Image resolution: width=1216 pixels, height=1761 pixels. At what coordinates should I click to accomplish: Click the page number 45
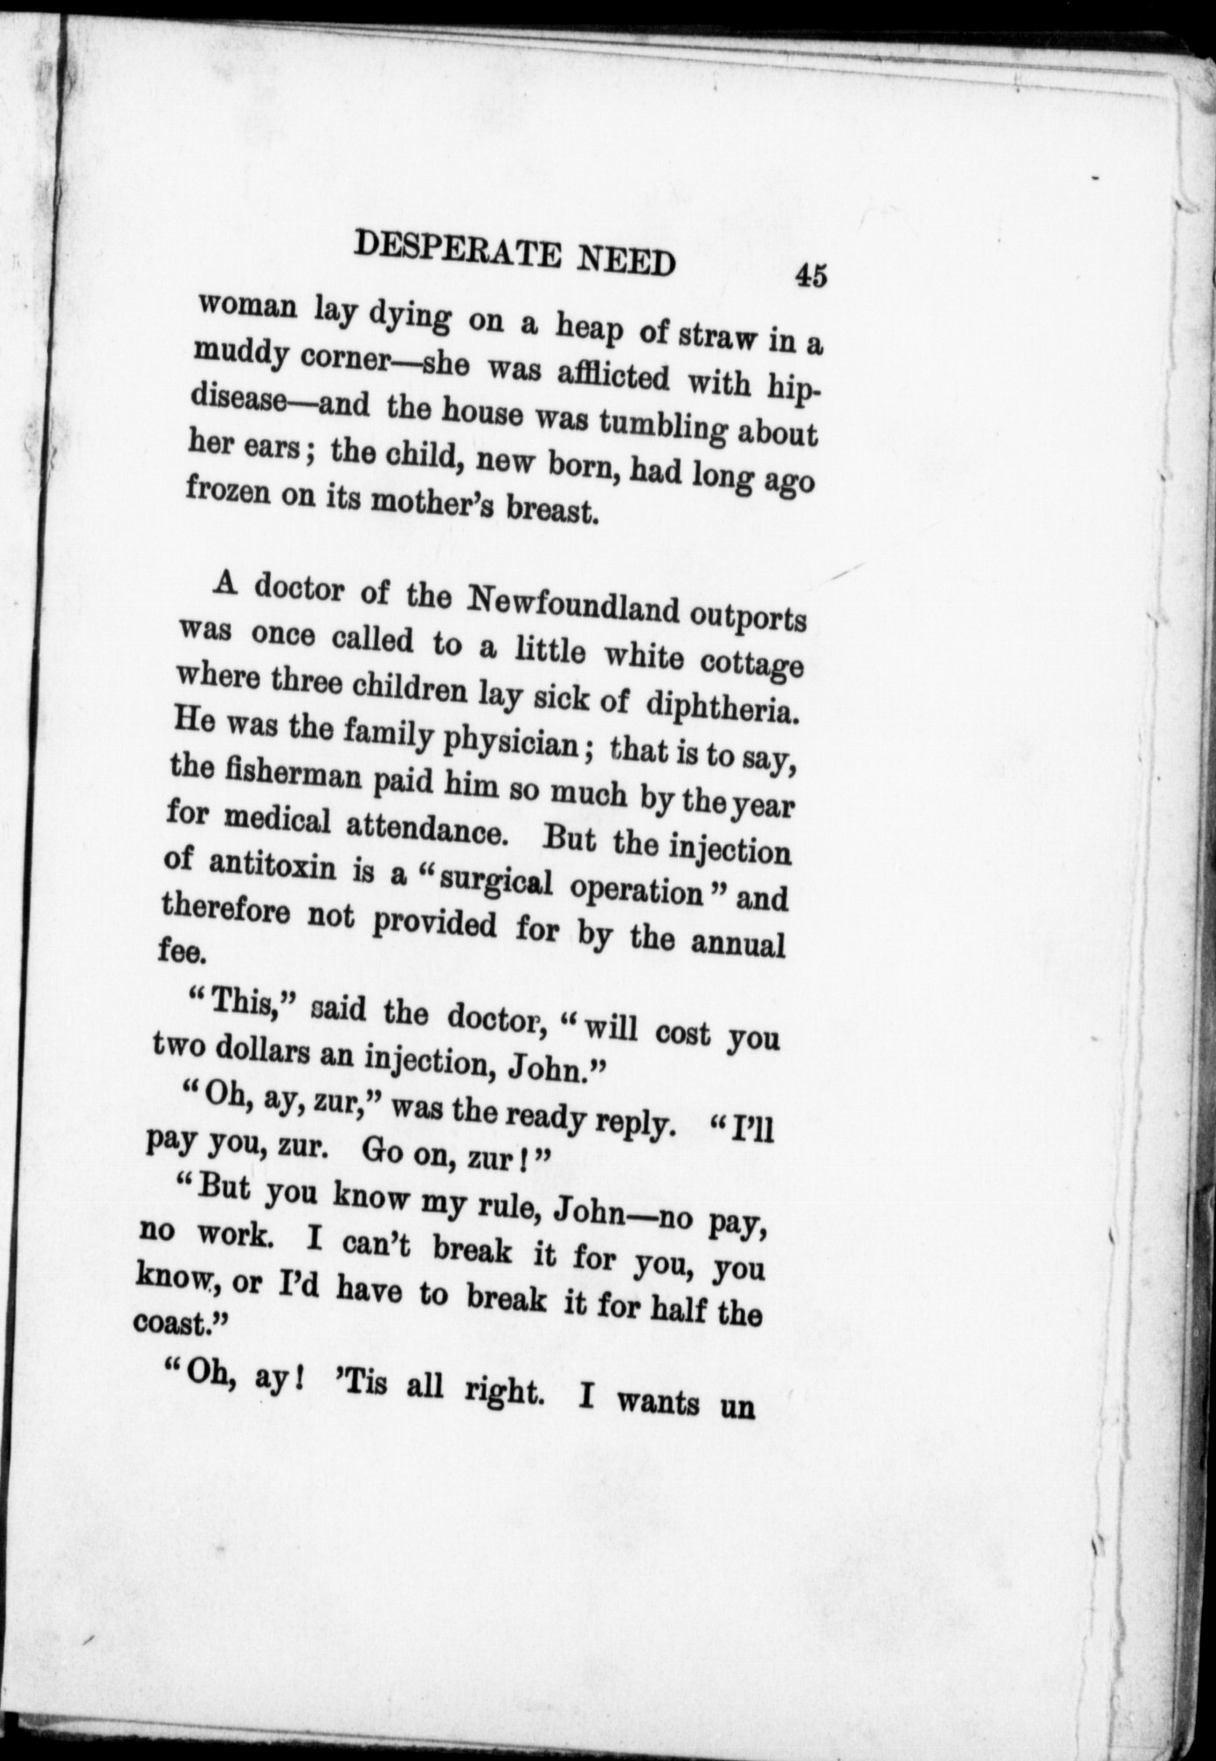pyautogui.click(x=810, y=276)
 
